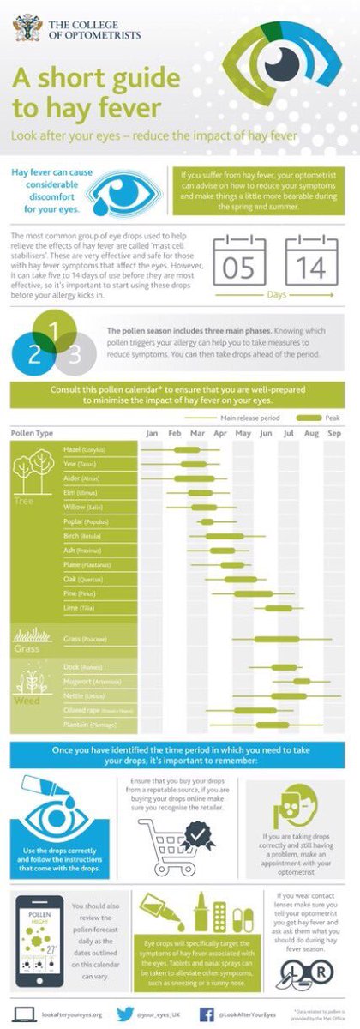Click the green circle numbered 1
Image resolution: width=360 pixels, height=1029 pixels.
tap(52, 331)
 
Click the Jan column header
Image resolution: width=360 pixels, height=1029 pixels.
tap(152, 434)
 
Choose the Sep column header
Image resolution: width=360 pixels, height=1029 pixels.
tap(333, 434)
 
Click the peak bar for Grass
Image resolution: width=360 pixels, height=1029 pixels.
tap(276, 639)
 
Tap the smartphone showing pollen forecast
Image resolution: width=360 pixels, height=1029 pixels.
tap(39, 940)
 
